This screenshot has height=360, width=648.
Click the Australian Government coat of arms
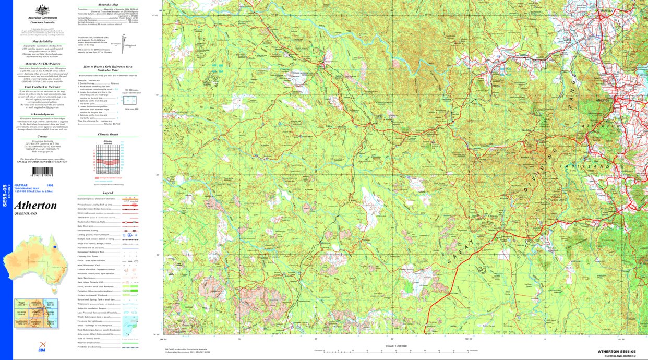[x=42, y=10]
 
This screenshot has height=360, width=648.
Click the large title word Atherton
[x=35, y=206]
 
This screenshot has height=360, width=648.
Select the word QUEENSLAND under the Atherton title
[x=26, y=214]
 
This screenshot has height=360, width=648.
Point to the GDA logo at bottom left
[x=42, y=346]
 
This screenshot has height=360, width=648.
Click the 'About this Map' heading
[x=109, y=4]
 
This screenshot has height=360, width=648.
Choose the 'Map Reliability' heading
[x=42, y=41]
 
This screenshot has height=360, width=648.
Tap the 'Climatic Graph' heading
[x=108, y=134]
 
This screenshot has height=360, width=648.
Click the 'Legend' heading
[x=108, y=193]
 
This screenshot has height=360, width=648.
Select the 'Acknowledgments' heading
[x=42, y=114]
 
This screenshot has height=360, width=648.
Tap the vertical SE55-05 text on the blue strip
[x=5, y=193]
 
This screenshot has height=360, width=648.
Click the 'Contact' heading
[x=42, y=137]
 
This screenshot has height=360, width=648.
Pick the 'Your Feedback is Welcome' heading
[x=42, y=87]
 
